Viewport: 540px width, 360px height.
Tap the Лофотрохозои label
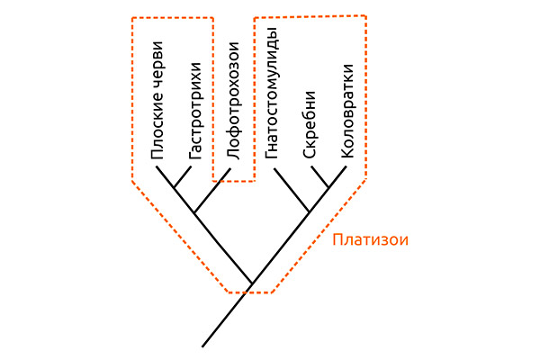point(232,100)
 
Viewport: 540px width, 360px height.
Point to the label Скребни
point(309,124)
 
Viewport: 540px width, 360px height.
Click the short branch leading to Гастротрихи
point(183,177)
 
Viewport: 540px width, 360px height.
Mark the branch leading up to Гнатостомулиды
point(291,190)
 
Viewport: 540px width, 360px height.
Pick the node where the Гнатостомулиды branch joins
point(310,212)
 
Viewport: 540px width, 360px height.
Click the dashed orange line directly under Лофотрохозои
point(232,181)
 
